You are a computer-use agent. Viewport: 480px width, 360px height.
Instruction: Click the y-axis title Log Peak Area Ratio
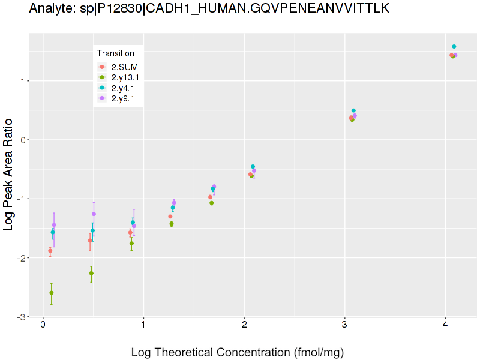click(10, 175)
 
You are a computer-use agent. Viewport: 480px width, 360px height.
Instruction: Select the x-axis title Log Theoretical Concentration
click(237, 352)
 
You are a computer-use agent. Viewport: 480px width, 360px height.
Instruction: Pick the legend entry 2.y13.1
click(125, 77)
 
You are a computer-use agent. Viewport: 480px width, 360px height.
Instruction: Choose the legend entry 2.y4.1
click(123, 88)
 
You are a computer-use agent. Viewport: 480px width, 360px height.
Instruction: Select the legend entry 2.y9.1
click(123, 98)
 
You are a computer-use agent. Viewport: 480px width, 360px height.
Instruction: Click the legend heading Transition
click(116, 53)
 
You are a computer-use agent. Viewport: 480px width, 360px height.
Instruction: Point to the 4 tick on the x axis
click(445, 325)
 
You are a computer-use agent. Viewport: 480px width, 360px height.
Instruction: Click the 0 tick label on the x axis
click(43, 325)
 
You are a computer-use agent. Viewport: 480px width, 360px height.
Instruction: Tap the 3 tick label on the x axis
click(344, 325)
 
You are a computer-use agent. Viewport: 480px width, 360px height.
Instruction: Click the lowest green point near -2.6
click(52, 293)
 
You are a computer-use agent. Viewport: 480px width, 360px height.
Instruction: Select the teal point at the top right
click(454, 47)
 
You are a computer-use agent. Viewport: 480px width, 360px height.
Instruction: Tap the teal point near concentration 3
click(353, 110)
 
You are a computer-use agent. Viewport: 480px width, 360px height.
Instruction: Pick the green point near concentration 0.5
click(91, 273)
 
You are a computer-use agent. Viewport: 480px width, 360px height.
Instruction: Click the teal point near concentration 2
click(253, 167)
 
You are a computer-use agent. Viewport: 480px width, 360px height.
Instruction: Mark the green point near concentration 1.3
click(172, 224)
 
